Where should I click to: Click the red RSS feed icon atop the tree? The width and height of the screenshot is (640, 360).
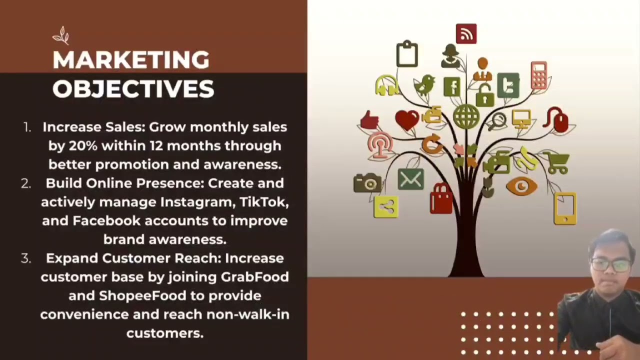pos(466,34)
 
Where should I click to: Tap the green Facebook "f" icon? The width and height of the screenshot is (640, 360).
pos(452,87)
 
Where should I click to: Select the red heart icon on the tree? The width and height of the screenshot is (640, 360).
pos(407,120)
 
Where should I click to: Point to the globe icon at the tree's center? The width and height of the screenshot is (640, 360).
pos(466,116)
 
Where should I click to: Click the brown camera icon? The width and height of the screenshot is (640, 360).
pos(367,183)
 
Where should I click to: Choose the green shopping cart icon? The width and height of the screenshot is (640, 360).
pos(557,162)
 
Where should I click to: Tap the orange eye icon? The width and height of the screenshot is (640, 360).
pos(521,186)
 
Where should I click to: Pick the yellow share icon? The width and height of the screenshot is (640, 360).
pos(386,206)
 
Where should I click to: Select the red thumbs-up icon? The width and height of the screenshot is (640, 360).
pos(370,120)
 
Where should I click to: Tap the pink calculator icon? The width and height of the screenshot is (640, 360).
pos(538,75)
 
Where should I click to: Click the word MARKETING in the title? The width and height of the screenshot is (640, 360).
pos(131,60)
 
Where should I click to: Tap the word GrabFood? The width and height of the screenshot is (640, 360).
pos(254,277)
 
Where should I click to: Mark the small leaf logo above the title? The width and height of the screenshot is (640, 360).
pos(61,35)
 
